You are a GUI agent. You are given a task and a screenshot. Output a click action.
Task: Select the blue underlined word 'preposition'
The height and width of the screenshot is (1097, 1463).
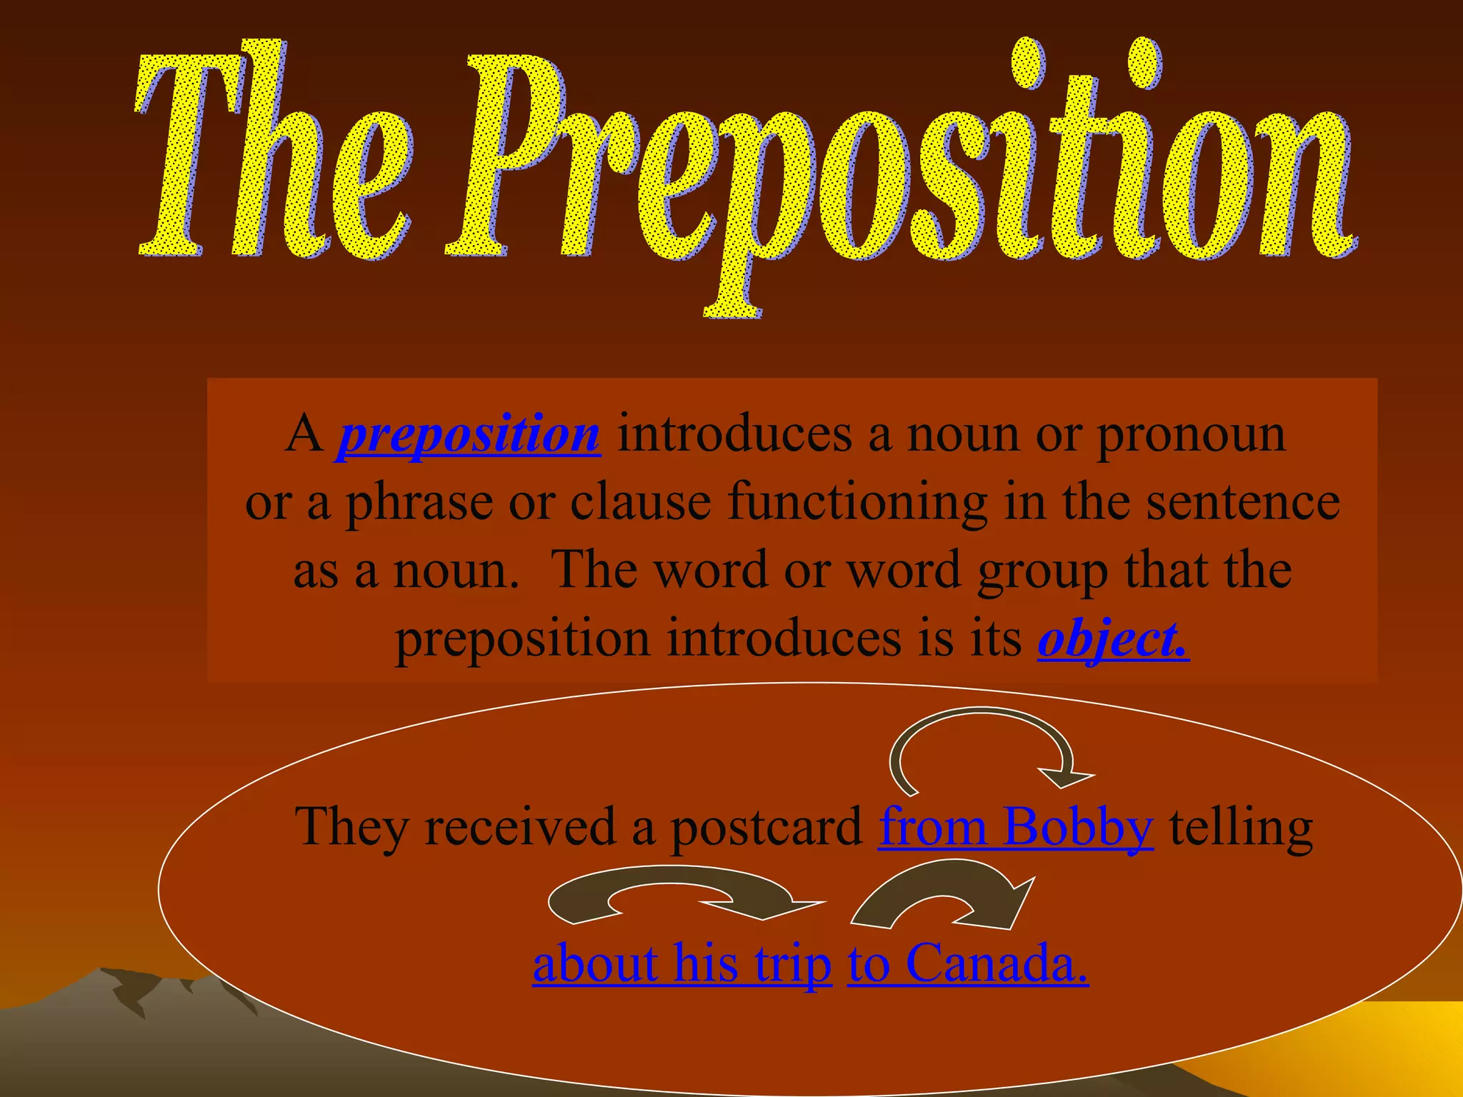point(469,434)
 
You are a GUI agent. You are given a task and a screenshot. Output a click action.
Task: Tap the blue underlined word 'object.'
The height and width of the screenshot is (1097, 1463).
point(1113,638)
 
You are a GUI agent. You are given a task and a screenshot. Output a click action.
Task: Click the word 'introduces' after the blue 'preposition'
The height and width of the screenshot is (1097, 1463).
point(734,434)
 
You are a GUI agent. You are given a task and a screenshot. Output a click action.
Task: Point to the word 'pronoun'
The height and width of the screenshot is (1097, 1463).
point(1191,434)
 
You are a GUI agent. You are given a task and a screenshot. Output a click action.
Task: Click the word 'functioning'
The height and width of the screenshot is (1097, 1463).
point(858,502)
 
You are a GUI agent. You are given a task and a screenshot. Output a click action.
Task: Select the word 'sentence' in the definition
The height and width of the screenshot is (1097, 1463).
point(1243,502)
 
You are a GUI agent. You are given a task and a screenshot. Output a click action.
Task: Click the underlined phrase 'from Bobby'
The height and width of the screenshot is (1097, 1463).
point(1015,827)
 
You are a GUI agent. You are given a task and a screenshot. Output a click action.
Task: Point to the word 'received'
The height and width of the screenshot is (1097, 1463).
point(520,827)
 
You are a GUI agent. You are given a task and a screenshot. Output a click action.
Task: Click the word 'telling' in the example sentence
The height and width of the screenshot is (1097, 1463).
point(1241,827)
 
